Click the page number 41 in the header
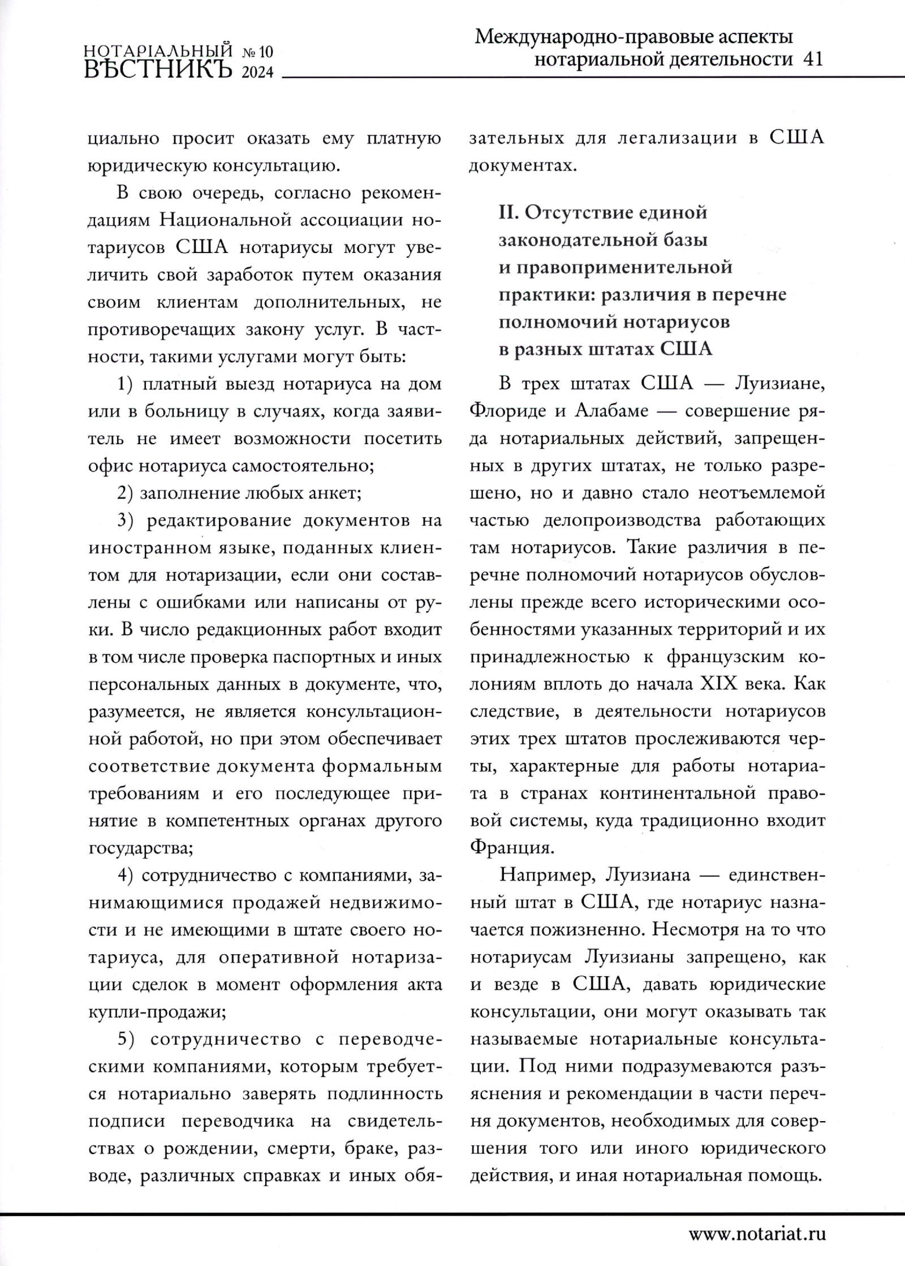click(812, 59)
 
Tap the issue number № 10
click(257, 53)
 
